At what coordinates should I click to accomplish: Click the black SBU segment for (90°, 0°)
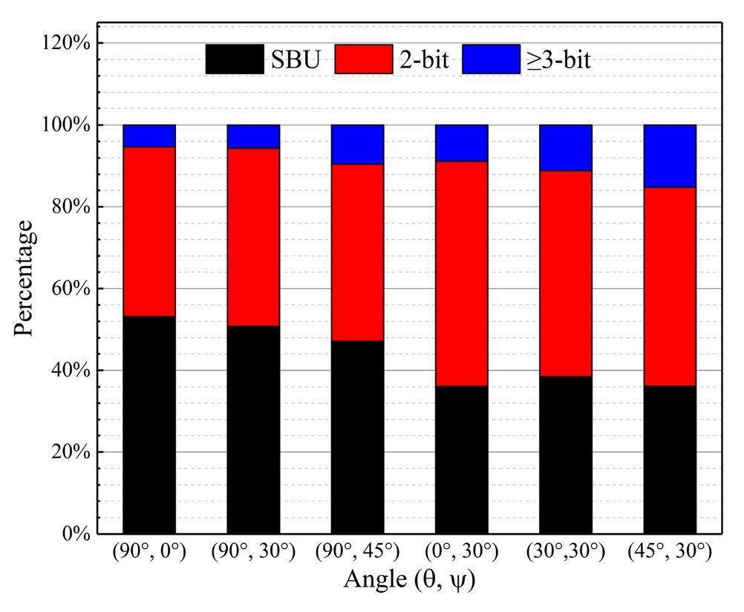pyautogui.click(x=149, y=425)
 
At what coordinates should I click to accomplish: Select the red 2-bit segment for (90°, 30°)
pyautogui.click(x=253, y=237)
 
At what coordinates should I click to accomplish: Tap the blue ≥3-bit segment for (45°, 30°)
pyautogui.click(x=670, y=156)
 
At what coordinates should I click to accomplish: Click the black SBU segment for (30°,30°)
pyautogui.click(x=565, y=455)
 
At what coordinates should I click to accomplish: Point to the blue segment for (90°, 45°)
pyautogui.click(x=357, y=144)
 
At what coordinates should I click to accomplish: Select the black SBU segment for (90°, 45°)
pyautogui.click(x=357, y=437)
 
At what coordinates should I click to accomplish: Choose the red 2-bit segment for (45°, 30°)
pyautogui.click(x=670, y=286)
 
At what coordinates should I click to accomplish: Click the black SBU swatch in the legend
pyautogui.click(x=235, y=59)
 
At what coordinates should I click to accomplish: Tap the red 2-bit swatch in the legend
pyautogui.click(x=364, y=59)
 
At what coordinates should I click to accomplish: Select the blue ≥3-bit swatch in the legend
pyautogui.click(x=491, y=59)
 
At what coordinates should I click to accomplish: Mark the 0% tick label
pyautogui.click(x=74, y=533)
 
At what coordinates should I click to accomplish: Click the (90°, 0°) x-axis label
pyautogui.click(x=149, y=552)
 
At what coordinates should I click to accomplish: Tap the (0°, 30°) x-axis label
pyautogui.click(x=461, y=552)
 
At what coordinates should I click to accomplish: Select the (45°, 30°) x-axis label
pyautogui.click(x=670, y=552)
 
